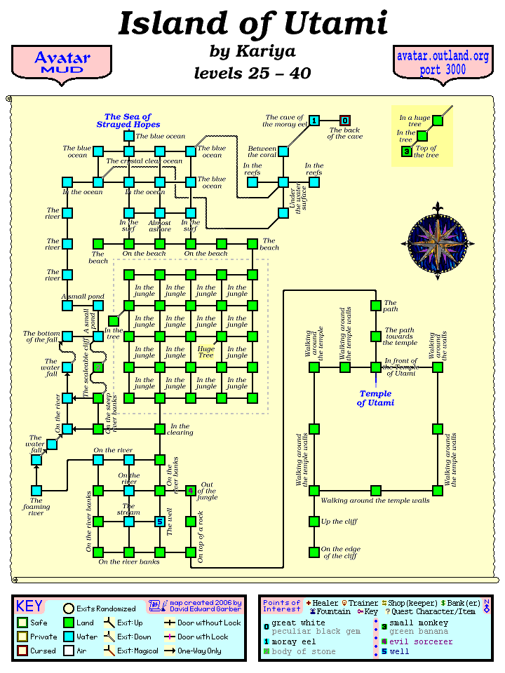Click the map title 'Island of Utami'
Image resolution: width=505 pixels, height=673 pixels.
click(x=252, y=24)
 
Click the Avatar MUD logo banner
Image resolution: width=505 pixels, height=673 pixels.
click(x=62, y=63)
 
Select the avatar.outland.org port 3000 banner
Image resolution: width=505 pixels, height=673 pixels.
click(x=442, y=63)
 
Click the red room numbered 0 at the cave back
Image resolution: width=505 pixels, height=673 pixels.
click(x=345, y=121)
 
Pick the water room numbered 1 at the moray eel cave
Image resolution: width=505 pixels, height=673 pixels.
click(x=314, y=121)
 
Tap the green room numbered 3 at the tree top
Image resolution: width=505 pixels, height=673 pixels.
click(x=407, y=151)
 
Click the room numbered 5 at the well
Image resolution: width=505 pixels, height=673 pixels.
click(x=160, y=522)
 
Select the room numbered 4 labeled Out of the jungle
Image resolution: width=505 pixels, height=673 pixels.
click(x=191, y=491)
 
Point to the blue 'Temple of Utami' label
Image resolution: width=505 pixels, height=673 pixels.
click(x=375, y=398)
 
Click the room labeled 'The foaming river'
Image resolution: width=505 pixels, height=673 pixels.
click(x=36, y=491)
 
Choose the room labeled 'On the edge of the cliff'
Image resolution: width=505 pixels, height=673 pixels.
click(x=314, y=552)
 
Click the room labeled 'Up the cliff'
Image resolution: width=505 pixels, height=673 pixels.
click(x=314, y=522)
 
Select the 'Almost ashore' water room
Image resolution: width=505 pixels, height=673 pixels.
click(x=160, y=212)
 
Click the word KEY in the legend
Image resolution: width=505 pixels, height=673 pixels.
click(x=29, y=606)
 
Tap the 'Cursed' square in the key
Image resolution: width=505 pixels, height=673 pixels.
click(x=22, y=651)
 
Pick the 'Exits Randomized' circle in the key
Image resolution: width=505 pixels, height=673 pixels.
click(x=69, y=609)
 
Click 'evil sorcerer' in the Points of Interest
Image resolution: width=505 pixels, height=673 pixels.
click(x=421, y=641)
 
